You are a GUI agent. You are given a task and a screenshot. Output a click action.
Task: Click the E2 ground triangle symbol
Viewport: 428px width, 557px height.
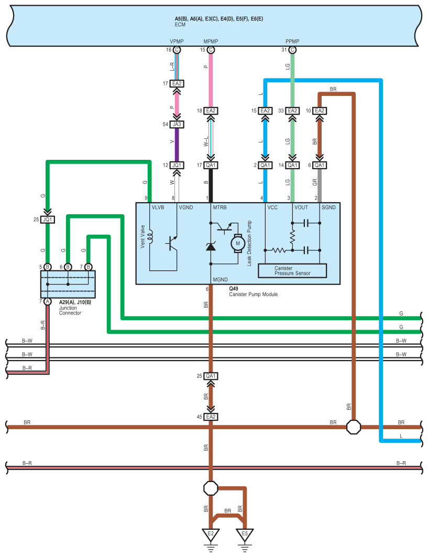point(211,534)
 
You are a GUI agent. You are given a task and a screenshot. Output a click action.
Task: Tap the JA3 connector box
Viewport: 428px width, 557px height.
point(177,125)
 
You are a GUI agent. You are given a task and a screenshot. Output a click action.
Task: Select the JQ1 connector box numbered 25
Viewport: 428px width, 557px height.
point(48,220)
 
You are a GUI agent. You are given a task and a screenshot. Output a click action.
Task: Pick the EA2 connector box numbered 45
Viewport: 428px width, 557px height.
point(211,417)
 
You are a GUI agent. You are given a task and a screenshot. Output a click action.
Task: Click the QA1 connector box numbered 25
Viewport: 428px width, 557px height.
point(211,376)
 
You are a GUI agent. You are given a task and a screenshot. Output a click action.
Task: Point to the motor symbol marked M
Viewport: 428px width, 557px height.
point(237,243)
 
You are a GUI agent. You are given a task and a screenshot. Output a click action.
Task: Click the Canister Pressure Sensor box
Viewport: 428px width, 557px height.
point(292,270)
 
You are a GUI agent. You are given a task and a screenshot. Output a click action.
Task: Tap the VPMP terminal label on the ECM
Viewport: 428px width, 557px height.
point(176,41)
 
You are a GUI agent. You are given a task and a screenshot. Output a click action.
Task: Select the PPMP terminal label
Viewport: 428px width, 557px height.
point(292,41)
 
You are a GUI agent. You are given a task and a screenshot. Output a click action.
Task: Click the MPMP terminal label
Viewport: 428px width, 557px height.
point(211,41)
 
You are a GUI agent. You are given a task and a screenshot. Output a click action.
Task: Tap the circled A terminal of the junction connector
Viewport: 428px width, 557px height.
point(48,301)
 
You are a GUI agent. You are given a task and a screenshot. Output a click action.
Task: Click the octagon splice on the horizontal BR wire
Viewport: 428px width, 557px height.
point(354,427)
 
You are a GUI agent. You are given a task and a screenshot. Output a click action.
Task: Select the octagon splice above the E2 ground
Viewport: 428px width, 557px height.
point(211,488)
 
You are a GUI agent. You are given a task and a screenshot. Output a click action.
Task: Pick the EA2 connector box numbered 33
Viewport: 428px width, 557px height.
point(292,111)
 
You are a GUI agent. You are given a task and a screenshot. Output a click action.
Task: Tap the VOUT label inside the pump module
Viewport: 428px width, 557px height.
point(301,207)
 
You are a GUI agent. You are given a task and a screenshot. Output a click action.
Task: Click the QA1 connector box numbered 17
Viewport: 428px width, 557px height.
point(211,165)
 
